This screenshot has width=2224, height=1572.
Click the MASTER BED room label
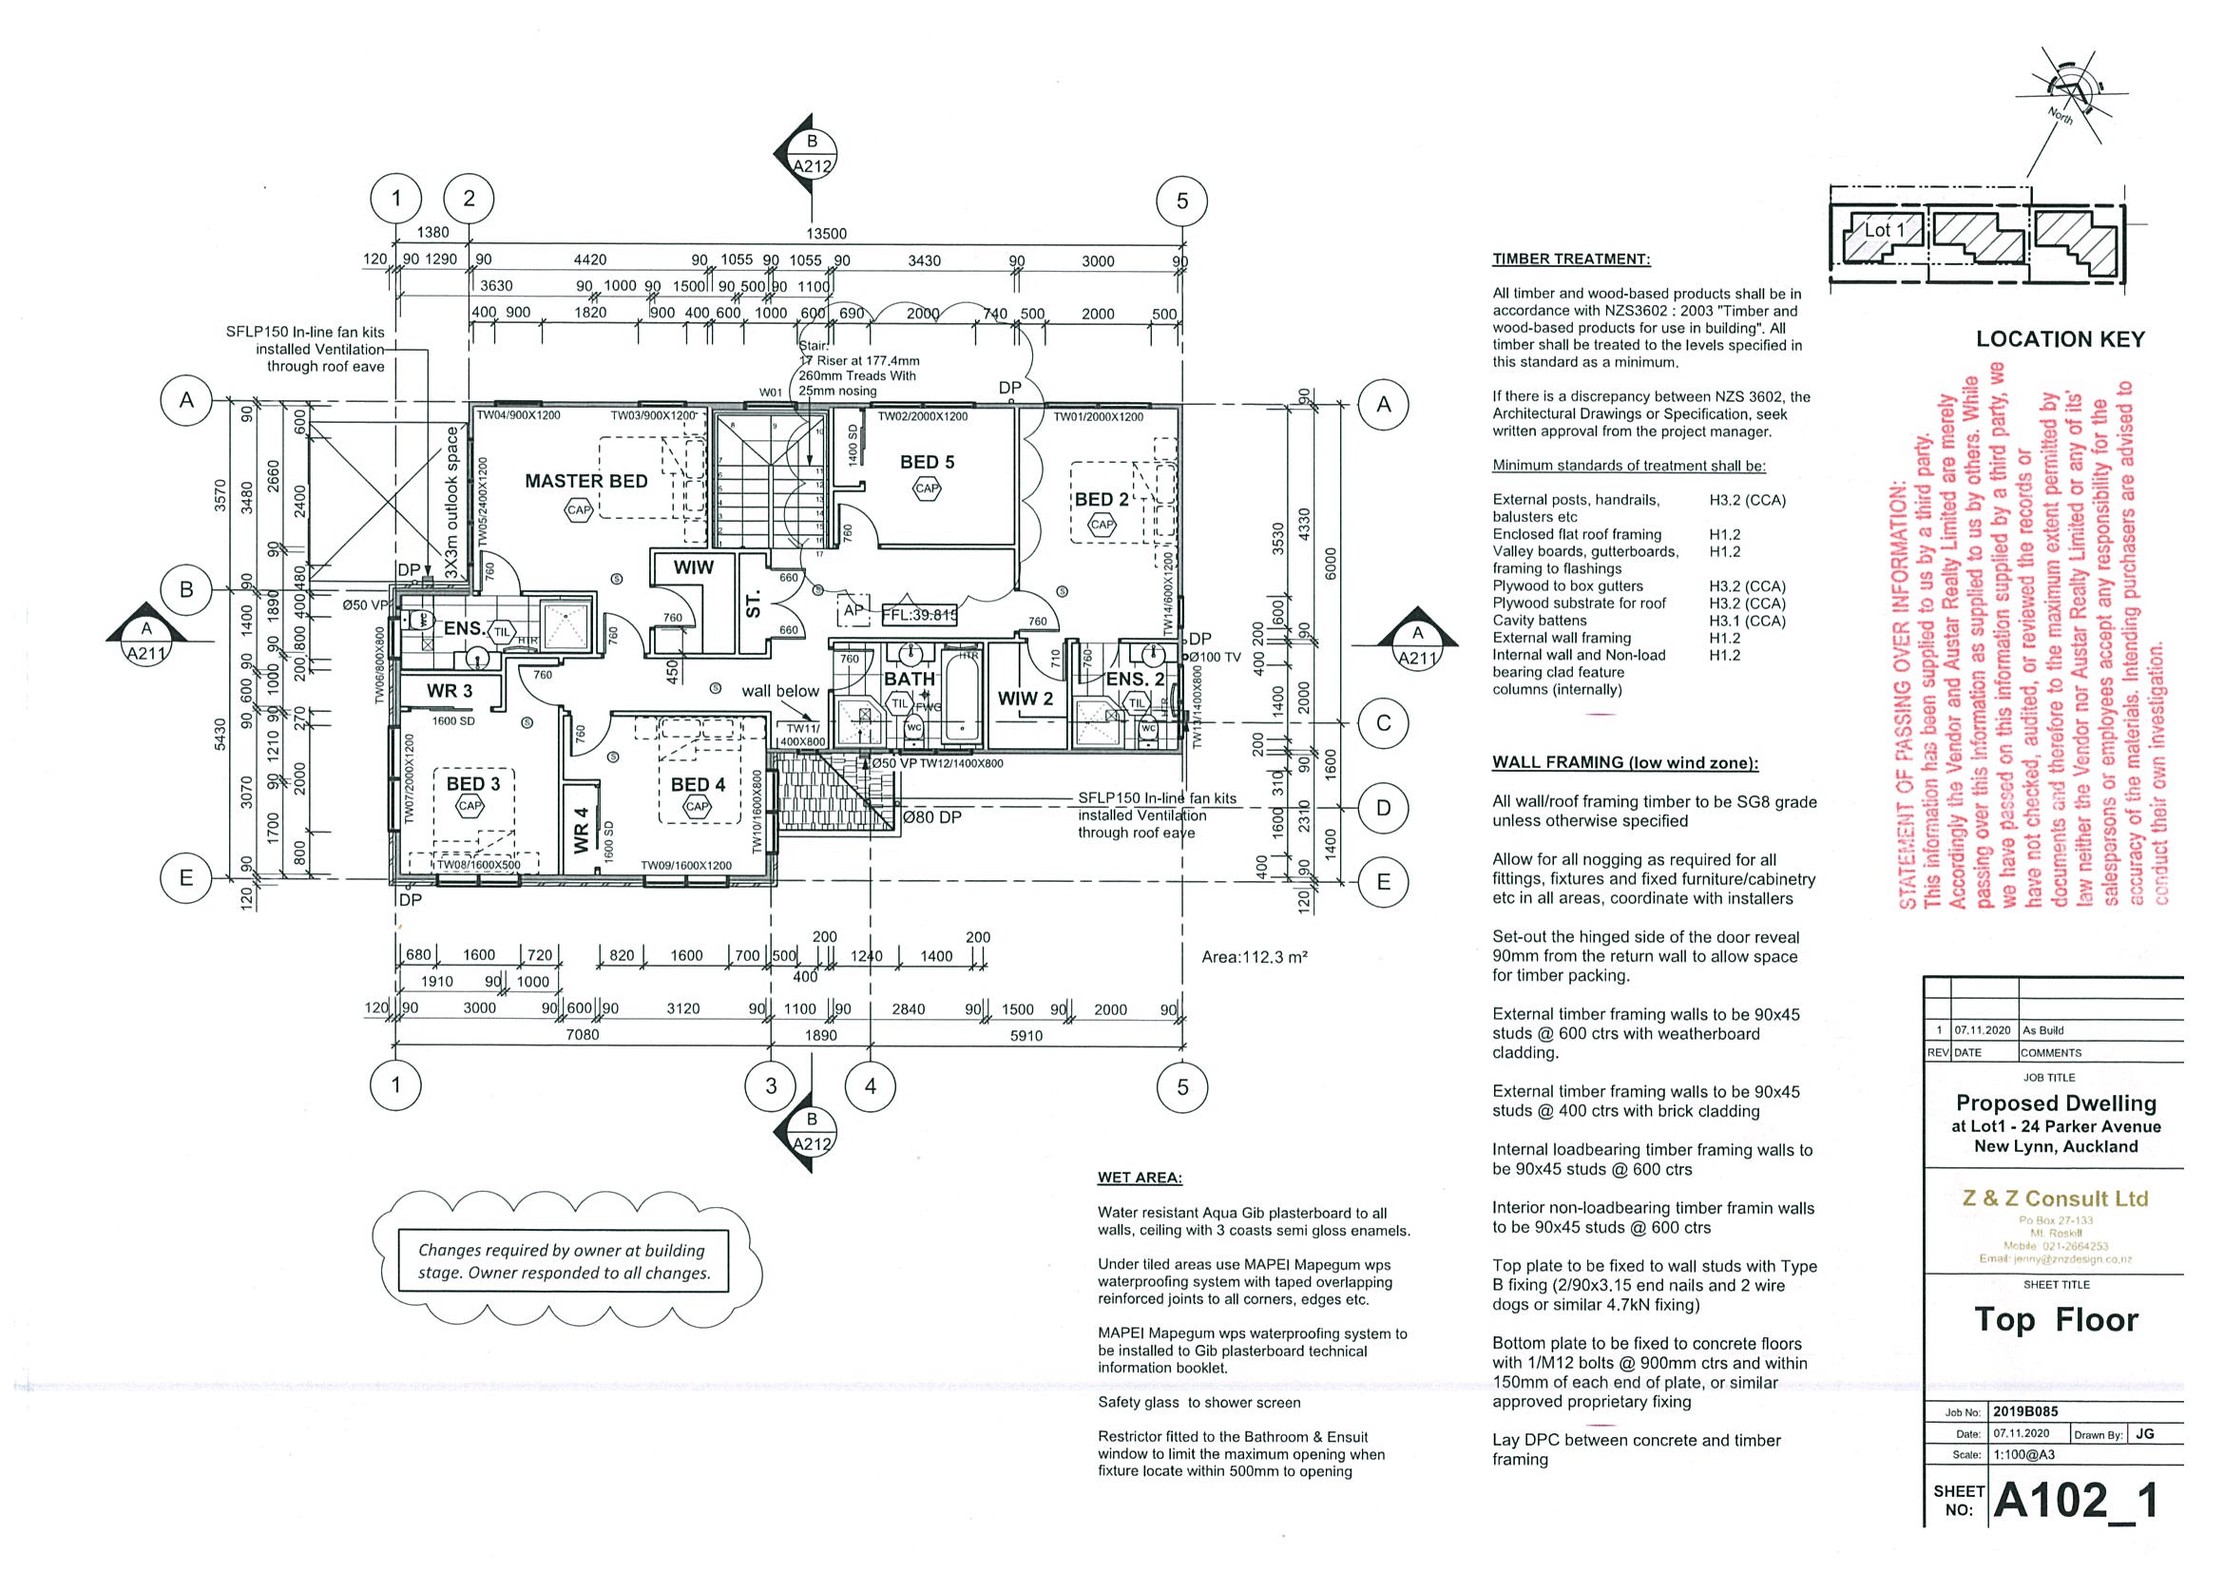[586, 481]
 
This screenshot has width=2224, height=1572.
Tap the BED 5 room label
[927, 462]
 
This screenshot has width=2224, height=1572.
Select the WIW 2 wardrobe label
[1026, 699]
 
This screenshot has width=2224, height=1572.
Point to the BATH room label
[910, 679]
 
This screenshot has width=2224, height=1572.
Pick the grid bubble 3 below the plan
[771, 1085]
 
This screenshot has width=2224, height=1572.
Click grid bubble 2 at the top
[469, 200]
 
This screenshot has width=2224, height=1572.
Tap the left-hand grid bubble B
[187, 589]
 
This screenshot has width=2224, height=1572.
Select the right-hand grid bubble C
[1383, 722]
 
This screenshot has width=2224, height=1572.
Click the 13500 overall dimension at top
[826, 234]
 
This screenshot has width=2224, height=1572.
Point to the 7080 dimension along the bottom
[583, 1034]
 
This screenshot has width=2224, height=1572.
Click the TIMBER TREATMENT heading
[1571, 259]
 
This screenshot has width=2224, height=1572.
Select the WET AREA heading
[1141, 1178]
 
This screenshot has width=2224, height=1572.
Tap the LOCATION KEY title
[2061, 339]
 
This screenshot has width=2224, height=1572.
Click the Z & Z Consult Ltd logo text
[2054, 1198]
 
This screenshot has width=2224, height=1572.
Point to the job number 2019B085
[2030, 1411]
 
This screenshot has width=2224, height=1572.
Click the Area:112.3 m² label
[1255, 957]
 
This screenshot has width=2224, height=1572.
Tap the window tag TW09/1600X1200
[686, 865]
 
